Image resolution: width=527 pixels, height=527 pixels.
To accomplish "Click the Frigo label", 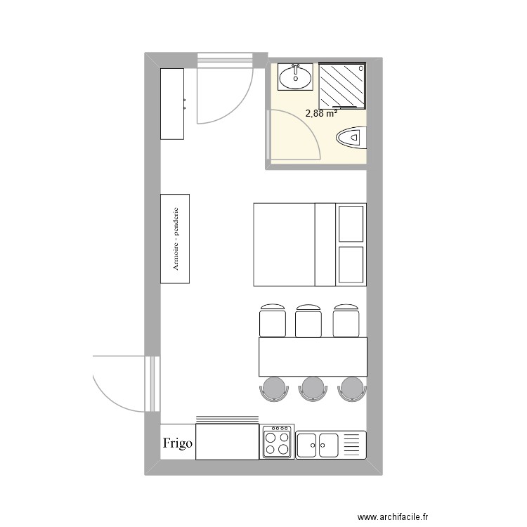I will pyautogui.click(x=178, y=443).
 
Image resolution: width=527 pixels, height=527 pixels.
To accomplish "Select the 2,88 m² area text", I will pyautogui.click(x=321, y=112).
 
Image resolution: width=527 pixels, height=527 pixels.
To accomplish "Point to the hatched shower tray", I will pyautogui.click(x=343, y=85).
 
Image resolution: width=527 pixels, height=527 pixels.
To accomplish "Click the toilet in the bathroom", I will pyautogui.click(x=352, y=138).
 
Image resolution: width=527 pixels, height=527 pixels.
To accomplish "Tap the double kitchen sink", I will pyautogui.click(x=318, y=445).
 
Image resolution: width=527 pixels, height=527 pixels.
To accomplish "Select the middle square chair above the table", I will pyautogui.click(x=308, y=321).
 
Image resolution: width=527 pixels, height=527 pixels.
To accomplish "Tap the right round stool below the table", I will pyautogui.click(x=351, y=389).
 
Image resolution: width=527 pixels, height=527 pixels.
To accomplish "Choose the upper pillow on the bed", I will pyautogui.click(x=351, y=223).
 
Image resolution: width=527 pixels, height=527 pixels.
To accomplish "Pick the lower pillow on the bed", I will pyautogui.click(x=351, y=265).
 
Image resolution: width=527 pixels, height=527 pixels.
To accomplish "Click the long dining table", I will pyautogui.click(x=313, y=357).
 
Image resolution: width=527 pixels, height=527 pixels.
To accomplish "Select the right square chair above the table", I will pyautogui.click(x=346, y=321).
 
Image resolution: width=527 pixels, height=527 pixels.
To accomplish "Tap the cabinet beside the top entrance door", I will pyautogui.click(x=173, y=103).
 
